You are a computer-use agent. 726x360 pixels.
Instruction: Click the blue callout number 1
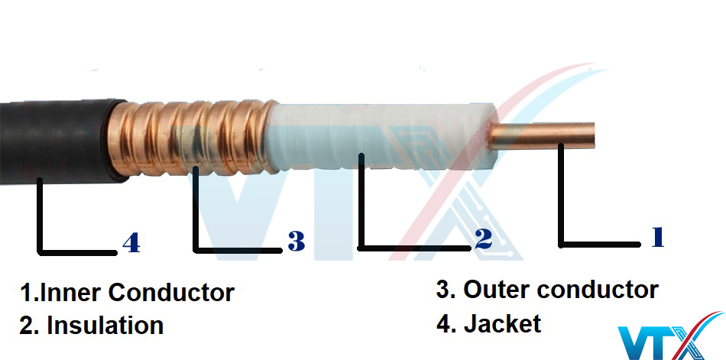click(656, 238)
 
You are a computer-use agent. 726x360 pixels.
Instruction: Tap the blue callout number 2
click(482, 239)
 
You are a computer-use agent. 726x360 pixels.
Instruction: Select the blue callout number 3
click(296, 242)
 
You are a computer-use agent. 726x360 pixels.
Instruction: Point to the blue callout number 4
click(131, 243)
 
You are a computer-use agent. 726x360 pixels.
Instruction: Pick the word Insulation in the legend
click(105, 326)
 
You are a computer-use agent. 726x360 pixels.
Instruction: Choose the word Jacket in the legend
click(502, 323)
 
